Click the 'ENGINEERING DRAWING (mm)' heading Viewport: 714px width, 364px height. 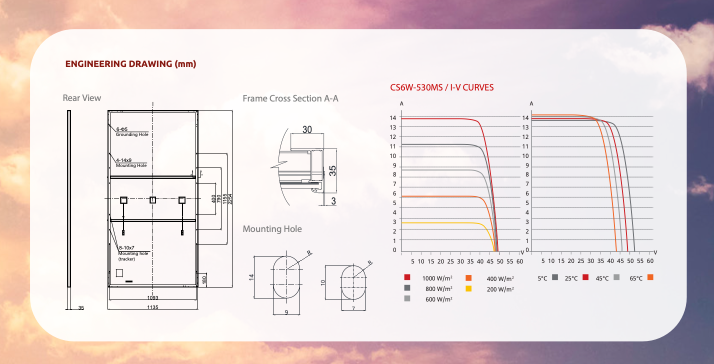(x=130, y=64)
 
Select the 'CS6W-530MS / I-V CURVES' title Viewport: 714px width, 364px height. (x=441, y=87)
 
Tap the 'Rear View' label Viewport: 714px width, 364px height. (x=82, y=98)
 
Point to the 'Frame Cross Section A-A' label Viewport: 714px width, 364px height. (x=290, y=98)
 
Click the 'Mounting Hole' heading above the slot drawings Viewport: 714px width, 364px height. (x=272, y=229)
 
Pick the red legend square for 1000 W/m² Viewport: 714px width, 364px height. (x=407, y=277)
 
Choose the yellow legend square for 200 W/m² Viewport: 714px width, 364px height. (x=468, y=288)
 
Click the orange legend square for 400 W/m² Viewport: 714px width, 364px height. (x=468, y=277)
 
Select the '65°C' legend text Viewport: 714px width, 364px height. (x=636, y=278)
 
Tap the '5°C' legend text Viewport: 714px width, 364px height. (x=543, y=278)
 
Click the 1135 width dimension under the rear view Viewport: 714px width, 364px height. (x=152, y=307)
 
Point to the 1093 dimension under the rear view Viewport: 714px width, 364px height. (x=152, y=298)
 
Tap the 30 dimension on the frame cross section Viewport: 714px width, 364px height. (x=307, y=130)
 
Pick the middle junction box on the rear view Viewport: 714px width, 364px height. (x=153, y=200)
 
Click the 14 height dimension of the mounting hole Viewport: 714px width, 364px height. (x=252, y=277)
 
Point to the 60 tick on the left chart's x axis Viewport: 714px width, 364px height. (x=519, y=261)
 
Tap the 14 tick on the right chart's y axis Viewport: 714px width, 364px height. (x=525, y=118)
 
